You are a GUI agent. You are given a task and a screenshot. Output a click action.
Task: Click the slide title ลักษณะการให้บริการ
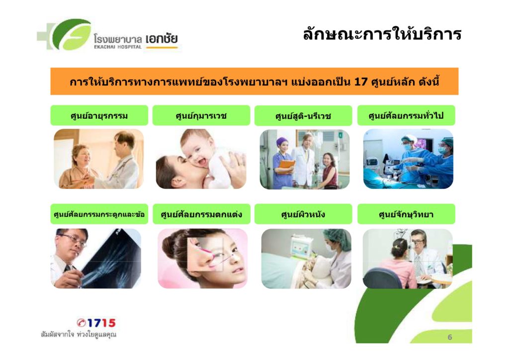382,34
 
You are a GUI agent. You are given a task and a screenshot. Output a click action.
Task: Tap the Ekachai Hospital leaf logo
65,35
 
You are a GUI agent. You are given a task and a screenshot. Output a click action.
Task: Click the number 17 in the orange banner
360,82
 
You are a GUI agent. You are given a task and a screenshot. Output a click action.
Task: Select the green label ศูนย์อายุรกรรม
99,115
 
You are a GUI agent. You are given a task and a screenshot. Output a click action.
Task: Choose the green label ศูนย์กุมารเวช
201,115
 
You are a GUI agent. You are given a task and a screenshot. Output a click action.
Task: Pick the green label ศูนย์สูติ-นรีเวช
303,115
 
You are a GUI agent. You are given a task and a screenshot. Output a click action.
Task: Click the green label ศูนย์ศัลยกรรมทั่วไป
406,115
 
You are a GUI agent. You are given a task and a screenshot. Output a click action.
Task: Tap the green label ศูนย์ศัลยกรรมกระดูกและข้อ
99,214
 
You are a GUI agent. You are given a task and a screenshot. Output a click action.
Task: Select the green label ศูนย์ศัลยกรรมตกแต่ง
201,214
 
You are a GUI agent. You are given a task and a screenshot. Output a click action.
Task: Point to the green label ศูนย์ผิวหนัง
303,214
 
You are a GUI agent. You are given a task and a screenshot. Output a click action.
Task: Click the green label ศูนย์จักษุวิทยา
406,214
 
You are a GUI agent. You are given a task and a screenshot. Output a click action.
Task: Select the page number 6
449,337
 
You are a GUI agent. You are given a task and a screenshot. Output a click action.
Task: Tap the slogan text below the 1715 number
79,335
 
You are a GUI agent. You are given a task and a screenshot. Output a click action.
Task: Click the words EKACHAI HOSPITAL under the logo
117,47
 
